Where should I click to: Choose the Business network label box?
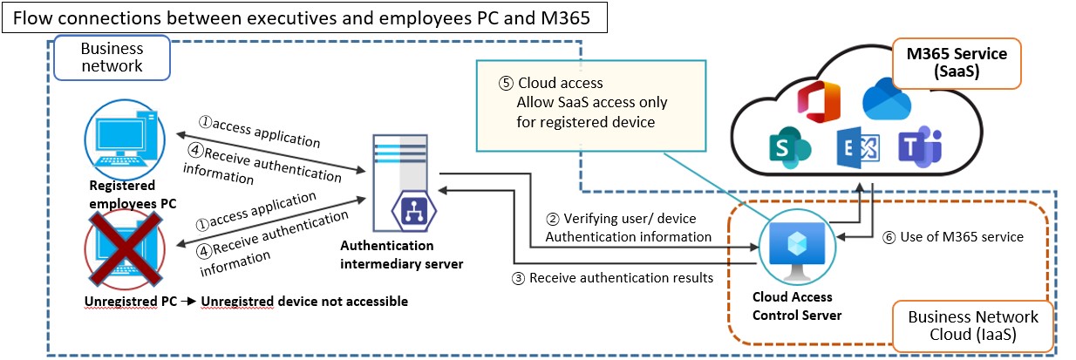112,57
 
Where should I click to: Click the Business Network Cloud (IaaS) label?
973,326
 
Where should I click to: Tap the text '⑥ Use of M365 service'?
951,236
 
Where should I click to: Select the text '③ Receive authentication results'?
614,278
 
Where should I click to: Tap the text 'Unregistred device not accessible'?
304,302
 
